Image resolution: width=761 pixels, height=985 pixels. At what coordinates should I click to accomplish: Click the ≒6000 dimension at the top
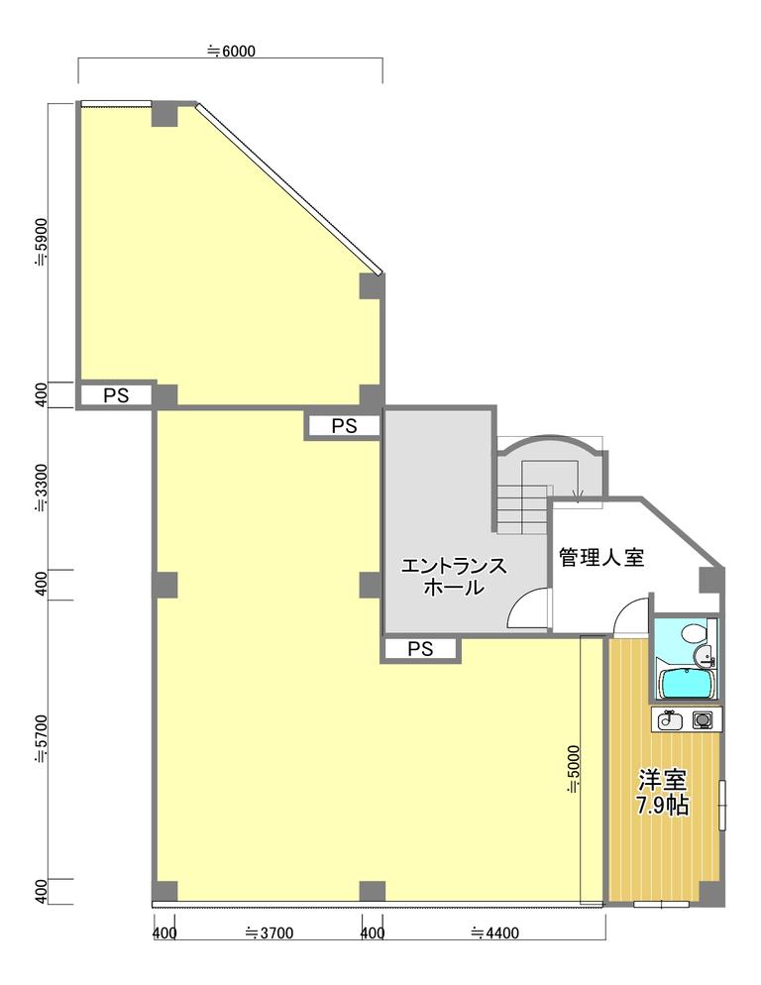click(x=231, y=51)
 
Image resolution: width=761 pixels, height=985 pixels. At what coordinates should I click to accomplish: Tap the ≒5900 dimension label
click(x=41, y=243)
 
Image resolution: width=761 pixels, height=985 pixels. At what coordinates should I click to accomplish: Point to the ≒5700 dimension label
click(x=41, y=739)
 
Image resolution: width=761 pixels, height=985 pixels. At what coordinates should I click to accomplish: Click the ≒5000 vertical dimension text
click(x=573, y=770)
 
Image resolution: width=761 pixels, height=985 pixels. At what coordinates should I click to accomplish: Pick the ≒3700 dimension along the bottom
click(x=269, y=933)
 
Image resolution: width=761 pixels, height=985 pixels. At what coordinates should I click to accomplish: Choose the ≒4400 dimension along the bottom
click(x=495, y=933)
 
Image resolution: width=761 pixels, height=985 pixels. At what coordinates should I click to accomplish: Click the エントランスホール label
click(x=454, y=576)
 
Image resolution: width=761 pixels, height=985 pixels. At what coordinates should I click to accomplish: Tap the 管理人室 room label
click(x=601, y=557)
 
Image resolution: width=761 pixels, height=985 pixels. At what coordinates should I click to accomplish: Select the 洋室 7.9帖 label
click(x=662, y=792)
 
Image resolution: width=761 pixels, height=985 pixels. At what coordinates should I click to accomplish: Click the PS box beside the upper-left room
click(x=116, y=395)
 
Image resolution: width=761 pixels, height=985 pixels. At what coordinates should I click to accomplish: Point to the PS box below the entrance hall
click(x=420, y=649)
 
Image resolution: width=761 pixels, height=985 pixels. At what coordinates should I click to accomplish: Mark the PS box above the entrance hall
click(x=344, y=426)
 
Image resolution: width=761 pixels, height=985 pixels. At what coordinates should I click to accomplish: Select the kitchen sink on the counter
click(x=670, y=719)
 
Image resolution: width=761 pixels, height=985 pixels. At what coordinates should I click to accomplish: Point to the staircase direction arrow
click(x=578, y=495)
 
